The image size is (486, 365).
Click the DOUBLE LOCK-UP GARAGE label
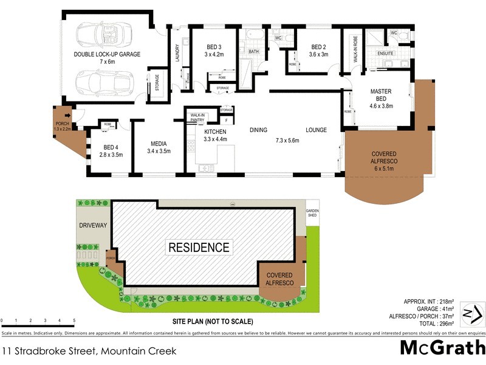pyautogui.click(x=107, y=54)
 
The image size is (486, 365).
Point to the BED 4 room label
pyautogui.click(x=109, y=147)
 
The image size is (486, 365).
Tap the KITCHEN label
pyautogui.click(x=215, y=132)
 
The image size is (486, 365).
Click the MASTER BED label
pyautogui.click(x=382, y=96)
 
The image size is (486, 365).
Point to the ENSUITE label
pyautogui.click(x=386, y=54)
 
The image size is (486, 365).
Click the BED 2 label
pyautogui.click(x=319, y=47)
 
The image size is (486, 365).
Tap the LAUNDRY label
pyautogui.click(x=177, y=54)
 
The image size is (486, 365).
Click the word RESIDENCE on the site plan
pyautogui.click(x=199, y=247)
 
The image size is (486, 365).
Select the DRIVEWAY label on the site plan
pyautogui.click(x=93, y=225)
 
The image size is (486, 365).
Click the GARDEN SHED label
pyautogui.click(x=312, y=213)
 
